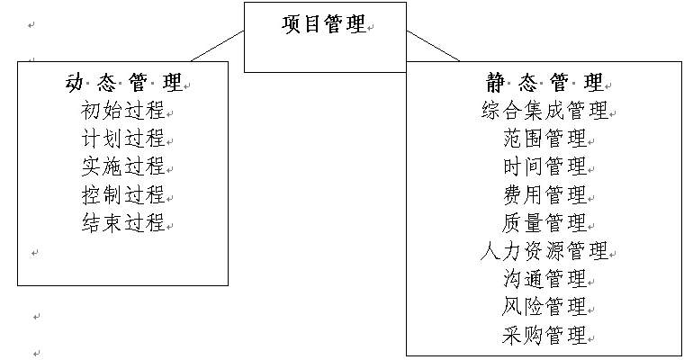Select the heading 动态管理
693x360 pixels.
(x=122, y=84)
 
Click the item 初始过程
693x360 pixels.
(x=122, y=112)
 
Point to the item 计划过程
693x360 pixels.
(x=122, y=139)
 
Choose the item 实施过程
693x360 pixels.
(x=122, y=167)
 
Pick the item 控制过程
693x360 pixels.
(x=122, y=195)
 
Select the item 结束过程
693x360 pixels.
(x=122, y=223)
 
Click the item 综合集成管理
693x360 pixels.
(x=544, y=112)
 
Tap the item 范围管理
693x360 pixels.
(x=544, y=139)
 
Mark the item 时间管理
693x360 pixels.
(x=544, y=167)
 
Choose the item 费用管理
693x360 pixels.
(x=544, y=195)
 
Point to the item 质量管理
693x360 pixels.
(x=544, y=223)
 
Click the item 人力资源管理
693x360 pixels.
(x=544, y=251)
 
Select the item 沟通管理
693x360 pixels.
(x=544, y=279)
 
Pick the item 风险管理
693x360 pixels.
(x=544, y=307)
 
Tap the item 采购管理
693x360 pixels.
(x=544, y=336)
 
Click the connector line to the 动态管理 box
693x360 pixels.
(x=218, y=46)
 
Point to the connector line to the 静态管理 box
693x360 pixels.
(x=433, y=46)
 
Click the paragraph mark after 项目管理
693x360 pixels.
(x=371, y=28)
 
